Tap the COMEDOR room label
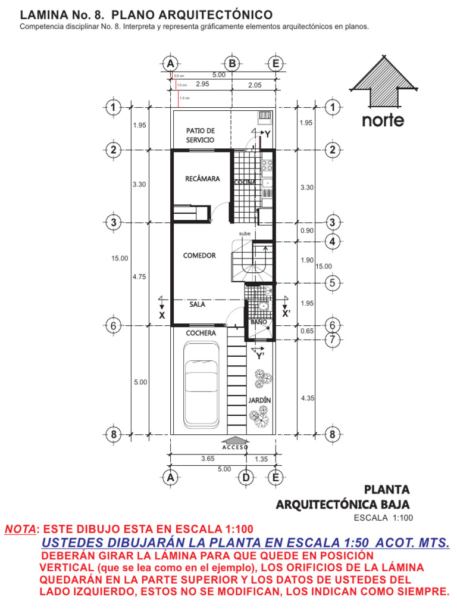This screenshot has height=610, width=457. tap(199, 256)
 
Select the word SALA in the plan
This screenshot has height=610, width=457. tap(198, 304)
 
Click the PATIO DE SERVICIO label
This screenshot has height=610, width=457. tap(200, 135)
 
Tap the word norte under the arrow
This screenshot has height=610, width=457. tap(383, 120)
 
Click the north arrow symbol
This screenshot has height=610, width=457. tap(383, 81)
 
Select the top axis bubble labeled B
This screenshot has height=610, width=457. tap(231, 64)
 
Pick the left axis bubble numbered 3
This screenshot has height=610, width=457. tap(113, 222)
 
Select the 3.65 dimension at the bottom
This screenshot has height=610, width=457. tap(207, 459)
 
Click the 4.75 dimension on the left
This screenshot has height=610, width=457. tap(139, 276)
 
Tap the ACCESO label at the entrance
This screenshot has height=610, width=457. tap(236, 447)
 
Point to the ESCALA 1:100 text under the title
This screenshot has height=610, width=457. tap(383, 518)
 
